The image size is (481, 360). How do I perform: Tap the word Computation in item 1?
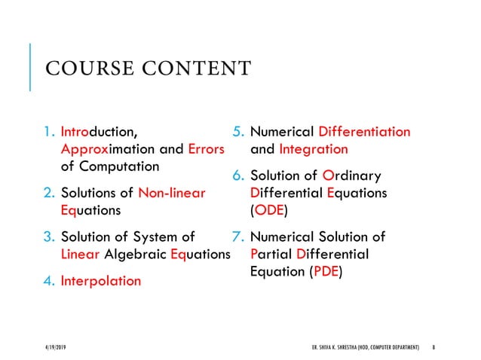pos(121,166)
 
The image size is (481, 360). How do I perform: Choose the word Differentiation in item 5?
pos(365,133)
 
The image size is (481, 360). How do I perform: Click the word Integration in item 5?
pos(313,149)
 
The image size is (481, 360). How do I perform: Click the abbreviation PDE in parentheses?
pos(325,270)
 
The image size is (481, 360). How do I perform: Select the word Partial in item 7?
pos(271,254)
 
